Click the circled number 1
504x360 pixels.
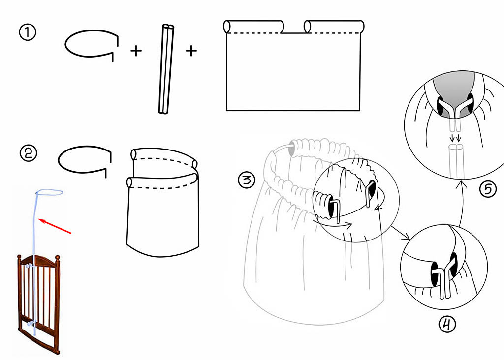28,33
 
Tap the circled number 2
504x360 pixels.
29,153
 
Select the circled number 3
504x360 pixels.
247,180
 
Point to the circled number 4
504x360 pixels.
447,325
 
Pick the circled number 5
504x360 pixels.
488,189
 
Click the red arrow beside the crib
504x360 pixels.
55,226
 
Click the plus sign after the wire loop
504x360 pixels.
136,51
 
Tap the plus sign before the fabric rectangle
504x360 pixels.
191,51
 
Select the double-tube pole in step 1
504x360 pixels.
166,69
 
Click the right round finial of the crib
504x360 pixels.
58,258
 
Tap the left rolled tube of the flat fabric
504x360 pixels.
254,27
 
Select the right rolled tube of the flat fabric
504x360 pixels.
334,27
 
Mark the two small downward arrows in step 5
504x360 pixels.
455,138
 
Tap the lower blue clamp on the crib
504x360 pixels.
31,323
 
